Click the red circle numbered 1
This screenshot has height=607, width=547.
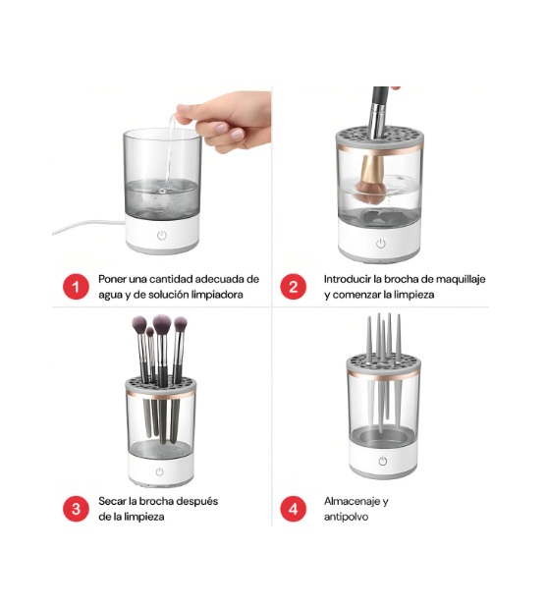[x=76, y=287]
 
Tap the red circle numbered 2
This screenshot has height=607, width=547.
[x=293, y=287]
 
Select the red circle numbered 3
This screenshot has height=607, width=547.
[x=76, y=509]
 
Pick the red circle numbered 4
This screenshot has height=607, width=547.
[x=293, y=509]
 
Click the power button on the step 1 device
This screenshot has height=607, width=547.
[x=163, y=236]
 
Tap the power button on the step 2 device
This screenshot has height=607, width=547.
[x=381, y=243]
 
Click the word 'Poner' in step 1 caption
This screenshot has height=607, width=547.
[x=114, y=279]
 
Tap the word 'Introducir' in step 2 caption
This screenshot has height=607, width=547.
[x=350, y=279]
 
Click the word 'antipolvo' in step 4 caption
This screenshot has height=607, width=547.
[x=347, y=517]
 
